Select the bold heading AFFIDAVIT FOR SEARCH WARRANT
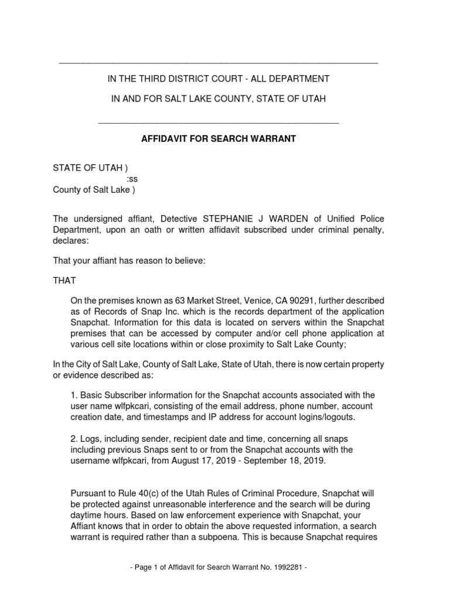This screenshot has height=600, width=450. point(219,139)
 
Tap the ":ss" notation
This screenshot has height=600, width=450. point(133,179)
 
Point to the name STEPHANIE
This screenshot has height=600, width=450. point(229,219)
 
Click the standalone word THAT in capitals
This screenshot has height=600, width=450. point(64,281)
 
